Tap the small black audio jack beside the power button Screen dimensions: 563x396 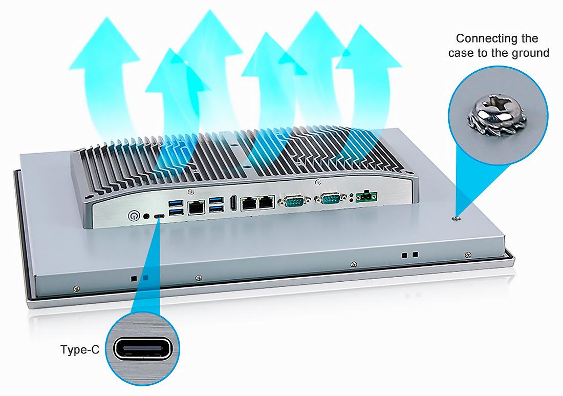tap(146, 216)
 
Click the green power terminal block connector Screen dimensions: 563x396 tap(366, 196)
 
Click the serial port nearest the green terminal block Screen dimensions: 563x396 tap(329, 199)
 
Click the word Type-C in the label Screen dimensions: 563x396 tap(80, 350)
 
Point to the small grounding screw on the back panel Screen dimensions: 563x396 tap(457, 218)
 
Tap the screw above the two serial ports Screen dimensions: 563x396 tap(318, 182)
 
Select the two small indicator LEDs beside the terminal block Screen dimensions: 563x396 tap(351, 197)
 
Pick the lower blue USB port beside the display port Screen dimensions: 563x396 tap(216, 209)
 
